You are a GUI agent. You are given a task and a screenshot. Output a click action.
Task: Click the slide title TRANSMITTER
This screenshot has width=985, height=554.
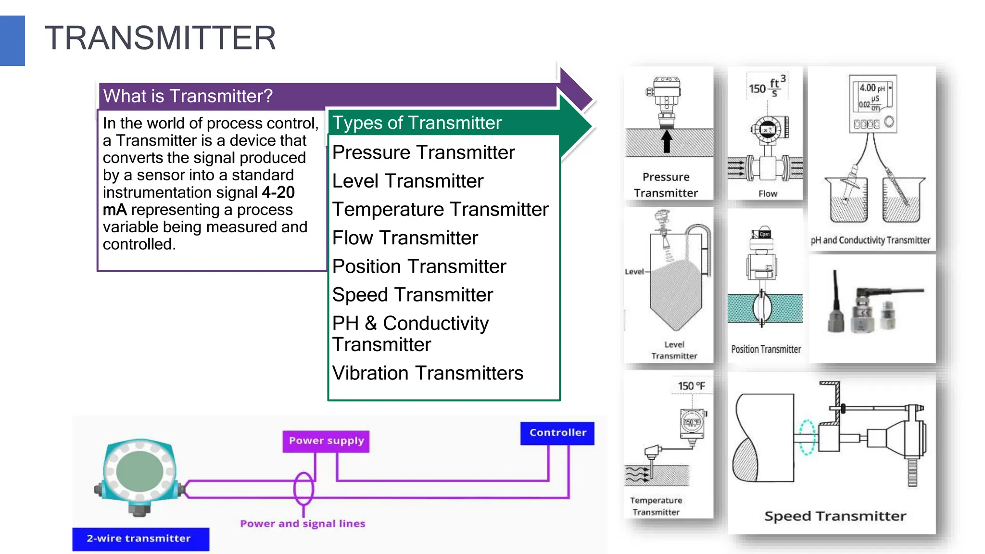point(160,38)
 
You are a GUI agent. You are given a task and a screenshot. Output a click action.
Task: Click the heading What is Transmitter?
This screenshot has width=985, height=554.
point(188,96)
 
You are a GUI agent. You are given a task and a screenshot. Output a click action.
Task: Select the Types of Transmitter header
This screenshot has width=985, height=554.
point(417,123)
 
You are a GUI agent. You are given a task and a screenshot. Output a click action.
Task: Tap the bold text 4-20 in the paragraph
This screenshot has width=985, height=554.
point(278,192)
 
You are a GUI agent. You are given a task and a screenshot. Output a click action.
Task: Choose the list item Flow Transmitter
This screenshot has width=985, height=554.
point(405,238)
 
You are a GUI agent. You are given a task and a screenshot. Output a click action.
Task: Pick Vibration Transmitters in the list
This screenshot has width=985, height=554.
point(428,373)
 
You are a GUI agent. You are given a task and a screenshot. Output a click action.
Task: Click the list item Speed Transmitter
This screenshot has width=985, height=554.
point(412,295)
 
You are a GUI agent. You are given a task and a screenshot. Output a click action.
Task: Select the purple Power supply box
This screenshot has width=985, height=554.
point(326,441)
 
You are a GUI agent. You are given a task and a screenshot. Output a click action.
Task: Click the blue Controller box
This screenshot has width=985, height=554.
point(557,433)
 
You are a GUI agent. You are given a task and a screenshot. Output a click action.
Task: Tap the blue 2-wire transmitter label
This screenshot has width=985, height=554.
point(139,539)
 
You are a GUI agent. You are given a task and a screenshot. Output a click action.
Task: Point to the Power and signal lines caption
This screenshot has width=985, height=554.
point(303,524)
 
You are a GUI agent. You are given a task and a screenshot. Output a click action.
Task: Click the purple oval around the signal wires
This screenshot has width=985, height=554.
point(303,489)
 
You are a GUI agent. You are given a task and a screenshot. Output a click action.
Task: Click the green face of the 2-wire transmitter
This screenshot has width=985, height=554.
point(139,471)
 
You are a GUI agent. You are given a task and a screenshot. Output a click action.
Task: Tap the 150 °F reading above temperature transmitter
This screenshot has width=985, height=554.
point(691,386)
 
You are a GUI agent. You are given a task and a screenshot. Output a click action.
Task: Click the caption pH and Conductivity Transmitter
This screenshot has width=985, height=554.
point(871,240)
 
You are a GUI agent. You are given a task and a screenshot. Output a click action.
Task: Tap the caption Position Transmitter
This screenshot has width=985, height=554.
point(766,350)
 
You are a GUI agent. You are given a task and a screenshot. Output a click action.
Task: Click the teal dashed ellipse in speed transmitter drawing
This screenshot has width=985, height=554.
point(807,437)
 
